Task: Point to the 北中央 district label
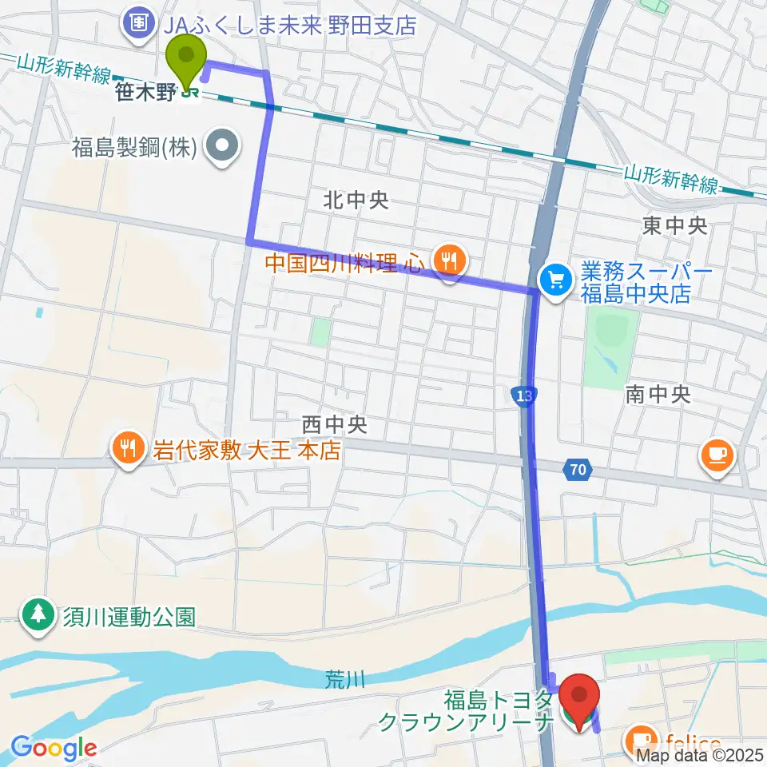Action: tap(356, 201)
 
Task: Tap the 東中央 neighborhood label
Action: tap(674, 226)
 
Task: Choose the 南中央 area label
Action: tap(658, 393)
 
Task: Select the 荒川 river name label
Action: tap(345, 680)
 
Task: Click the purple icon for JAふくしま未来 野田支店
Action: tap(139, 23)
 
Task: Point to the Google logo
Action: tap(54, 748)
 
